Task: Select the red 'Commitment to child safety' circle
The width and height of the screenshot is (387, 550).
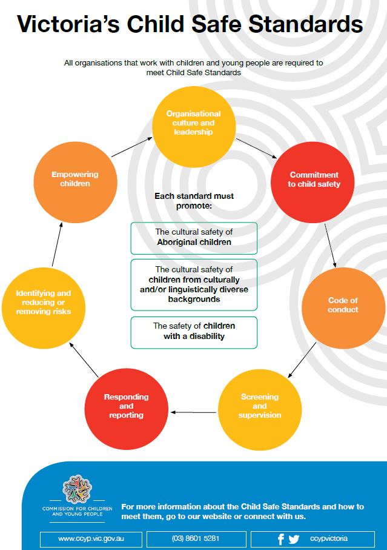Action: coord(313,179)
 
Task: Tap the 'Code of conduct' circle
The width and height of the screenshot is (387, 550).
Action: coord(343,305)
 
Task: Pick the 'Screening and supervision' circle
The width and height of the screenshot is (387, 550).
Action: coord(260,406)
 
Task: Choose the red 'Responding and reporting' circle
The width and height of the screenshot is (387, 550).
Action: coord(126,406)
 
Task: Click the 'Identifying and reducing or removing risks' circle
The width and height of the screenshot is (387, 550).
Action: coord(43,302)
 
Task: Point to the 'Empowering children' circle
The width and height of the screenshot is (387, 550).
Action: coord(74,179)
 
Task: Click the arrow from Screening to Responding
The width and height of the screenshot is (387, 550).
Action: coord(193,412)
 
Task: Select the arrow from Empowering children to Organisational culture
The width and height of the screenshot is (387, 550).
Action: coord(131,147)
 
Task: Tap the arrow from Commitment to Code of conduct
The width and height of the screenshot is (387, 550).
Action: coord(329,246)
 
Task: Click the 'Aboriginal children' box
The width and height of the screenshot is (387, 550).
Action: coord(194,237)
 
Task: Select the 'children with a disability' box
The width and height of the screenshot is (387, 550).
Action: coord(194,332)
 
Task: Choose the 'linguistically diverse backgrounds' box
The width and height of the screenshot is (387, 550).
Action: coord(194,284)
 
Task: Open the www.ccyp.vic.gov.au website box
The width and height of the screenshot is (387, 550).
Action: coord(91,539)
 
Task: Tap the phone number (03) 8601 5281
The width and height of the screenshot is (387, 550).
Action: coord(196,539)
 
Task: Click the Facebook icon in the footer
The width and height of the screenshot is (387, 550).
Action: coord(281,539)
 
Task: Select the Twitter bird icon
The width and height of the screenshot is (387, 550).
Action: coord(294,539)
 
